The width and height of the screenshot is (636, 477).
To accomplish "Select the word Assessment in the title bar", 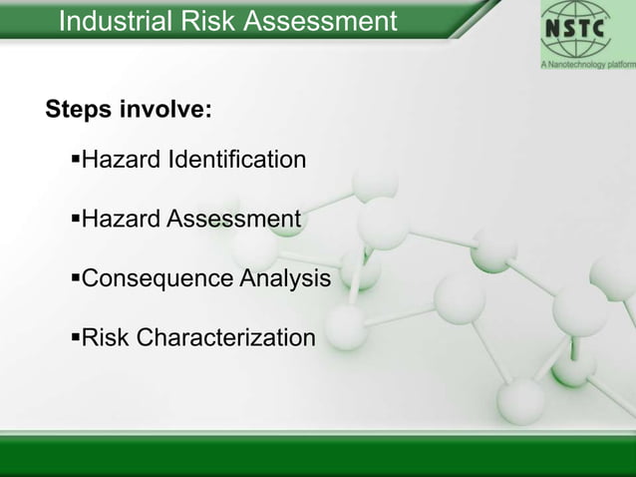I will coord(320,20).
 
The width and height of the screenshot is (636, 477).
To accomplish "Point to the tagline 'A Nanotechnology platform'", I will coord(587,63).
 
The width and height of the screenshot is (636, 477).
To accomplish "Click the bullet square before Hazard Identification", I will coord(74,160).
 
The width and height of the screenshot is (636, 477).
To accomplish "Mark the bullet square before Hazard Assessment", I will coord(74,219).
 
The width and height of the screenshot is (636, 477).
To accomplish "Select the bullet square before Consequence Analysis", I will coord(74,278).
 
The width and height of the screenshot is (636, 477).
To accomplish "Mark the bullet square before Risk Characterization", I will coord(74,338).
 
